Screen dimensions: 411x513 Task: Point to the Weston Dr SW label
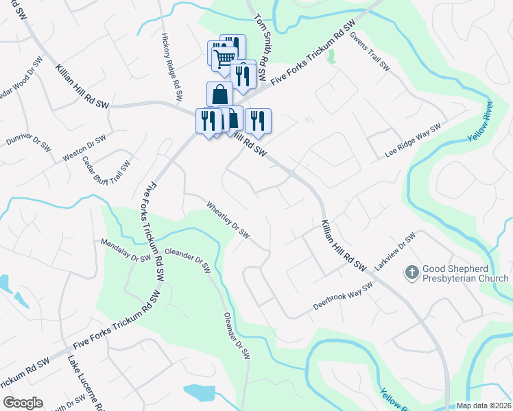(x=84, y=148)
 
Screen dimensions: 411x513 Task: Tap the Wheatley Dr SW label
(x=228, y=219)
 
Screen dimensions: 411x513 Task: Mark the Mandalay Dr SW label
(x=126, y=251)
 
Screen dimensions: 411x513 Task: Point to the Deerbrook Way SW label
(x=342, y=295)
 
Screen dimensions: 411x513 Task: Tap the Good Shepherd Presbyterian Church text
(x=466, y=273)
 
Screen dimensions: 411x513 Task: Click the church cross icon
(x=412, y=273)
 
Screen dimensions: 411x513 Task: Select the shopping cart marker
(x=224, y=58)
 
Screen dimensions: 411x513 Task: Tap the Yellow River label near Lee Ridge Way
(x=480, y=122)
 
